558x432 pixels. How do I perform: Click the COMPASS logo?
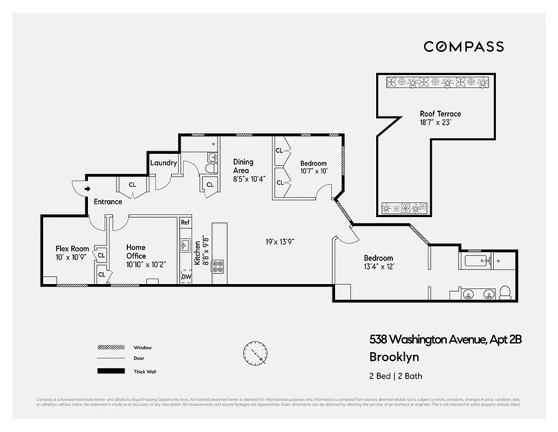click(464, 46)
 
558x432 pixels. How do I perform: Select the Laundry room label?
click(164, 163)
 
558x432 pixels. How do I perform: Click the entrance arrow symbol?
click(87, 188)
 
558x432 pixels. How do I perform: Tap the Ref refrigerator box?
click(185, 222)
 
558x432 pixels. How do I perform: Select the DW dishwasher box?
click(186, 276)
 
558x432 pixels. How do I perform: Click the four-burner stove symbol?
click(218, 266)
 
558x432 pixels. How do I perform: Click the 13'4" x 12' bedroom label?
click(378, 262)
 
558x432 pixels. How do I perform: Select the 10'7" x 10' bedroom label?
click(314, 167)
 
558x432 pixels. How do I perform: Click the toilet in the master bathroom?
click(506, 293)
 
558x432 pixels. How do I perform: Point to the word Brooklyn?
click(394, 357)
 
